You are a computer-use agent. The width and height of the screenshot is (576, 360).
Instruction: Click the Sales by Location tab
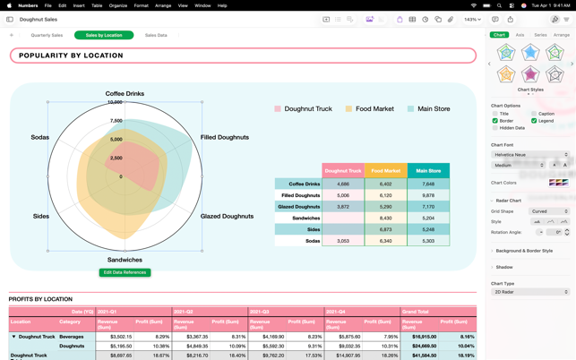point(104,35)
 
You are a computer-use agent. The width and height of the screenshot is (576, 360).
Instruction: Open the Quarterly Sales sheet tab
point(47,35)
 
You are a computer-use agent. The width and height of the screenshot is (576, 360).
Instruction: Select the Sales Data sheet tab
point(156,35)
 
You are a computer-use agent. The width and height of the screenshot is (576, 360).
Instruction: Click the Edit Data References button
point(125,272)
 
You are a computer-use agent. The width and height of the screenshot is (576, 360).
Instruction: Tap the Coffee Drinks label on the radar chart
point(125,93)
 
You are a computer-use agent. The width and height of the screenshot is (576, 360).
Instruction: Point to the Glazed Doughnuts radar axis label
point(227,216)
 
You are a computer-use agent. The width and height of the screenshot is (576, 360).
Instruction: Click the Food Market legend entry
point(374,108)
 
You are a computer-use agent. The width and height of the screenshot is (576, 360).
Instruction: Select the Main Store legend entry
point(434,108)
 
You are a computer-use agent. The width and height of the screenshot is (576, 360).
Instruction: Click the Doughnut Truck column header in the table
point(343,170)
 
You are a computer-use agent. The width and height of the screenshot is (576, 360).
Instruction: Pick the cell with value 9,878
point(428,195)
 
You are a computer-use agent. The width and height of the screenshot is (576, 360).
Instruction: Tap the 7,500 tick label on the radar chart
point(116,121)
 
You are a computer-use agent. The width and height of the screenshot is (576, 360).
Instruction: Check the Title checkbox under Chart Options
point(495,114)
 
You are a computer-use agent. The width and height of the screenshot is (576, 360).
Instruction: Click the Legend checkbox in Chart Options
point(534,121)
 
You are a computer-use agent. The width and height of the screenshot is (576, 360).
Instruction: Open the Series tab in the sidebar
point(540,35)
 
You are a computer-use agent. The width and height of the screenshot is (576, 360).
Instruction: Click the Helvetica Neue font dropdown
point(529,155)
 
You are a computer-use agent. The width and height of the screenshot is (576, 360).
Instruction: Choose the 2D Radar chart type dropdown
point(529,292)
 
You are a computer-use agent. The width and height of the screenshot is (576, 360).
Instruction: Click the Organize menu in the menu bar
point(118,5)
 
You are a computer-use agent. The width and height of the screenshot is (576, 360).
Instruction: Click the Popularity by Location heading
point(243,56)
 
